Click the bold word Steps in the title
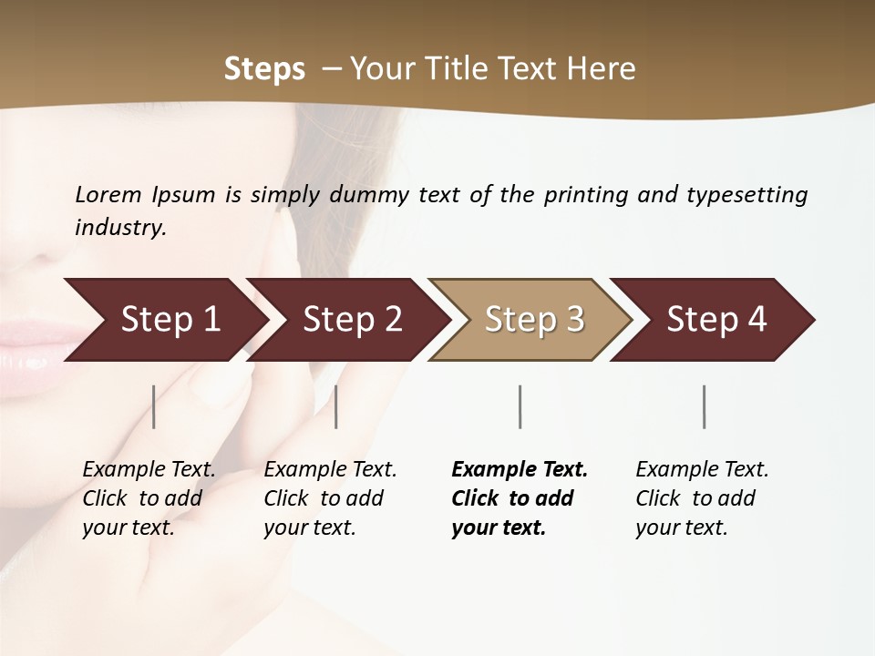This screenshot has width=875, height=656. [264, 69]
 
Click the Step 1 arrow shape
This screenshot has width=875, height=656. [164, 320]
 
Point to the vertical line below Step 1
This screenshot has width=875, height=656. [154, 406]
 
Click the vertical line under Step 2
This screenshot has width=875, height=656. [336, 406]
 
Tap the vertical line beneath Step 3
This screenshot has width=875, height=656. [520, 406]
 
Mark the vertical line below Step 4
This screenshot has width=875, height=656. [705, 406]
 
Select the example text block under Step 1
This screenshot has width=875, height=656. [149, 497]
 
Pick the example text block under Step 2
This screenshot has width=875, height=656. [330, 497]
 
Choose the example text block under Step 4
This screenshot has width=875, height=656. [702, 497]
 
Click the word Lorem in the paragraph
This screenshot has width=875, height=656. [108, 195]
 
